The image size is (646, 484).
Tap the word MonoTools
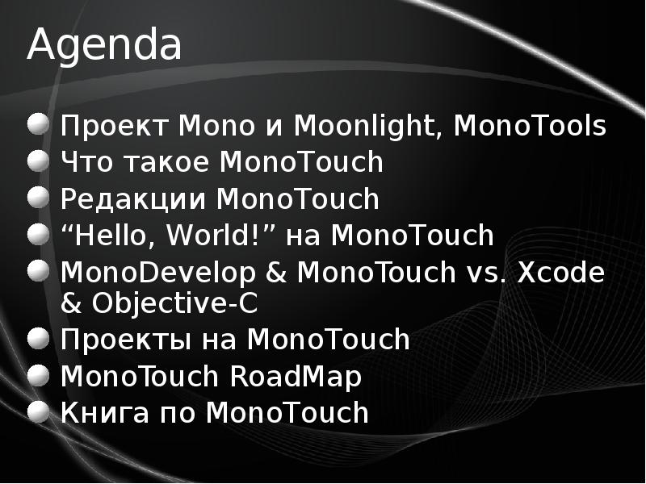point(531,127)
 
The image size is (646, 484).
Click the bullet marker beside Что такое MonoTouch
point(39,161)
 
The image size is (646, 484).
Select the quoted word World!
point(216,236)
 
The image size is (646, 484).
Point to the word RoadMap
point(296,376)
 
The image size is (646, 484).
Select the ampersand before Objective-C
point(73,304)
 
